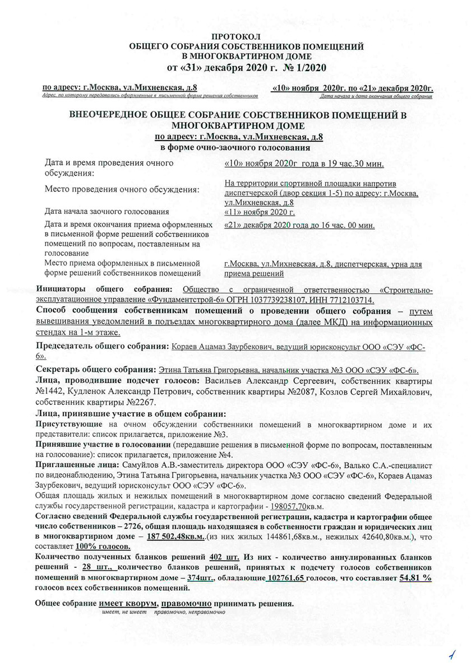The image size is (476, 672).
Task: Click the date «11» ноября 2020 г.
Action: (x=260, y=212)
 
